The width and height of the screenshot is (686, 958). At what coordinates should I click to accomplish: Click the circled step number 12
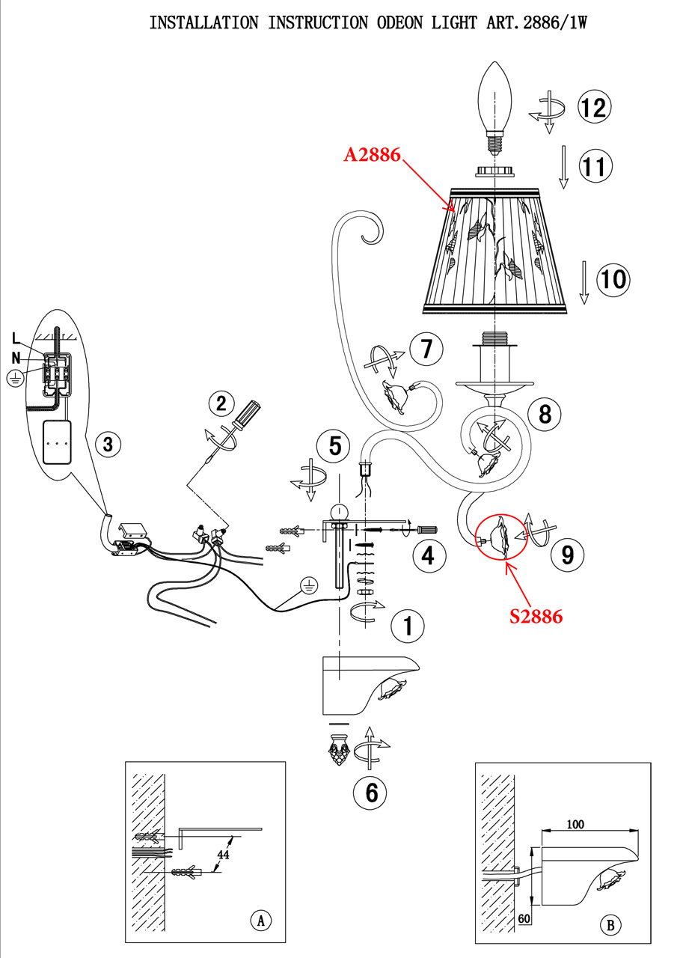593,107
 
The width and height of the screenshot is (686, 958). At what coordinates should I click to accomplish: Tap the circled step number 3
108,445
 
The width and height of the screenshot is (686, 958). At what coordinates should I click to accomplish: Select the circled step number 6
371,793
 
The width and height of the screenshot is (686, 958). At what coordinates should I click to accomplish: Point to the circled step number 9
568,554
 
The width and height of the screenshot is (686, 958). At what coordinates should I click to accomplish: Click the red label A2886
373,155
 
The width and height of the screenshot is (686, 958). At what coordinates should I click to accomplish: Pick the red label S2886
536,616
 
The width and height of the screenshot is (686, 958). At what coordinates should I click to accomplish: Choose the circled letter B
610,926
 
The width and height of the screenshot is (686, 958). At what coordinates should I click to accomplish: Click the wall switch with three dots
58,442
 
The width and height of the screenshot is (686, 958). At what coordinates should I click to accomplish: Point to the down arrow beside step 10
584,283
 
